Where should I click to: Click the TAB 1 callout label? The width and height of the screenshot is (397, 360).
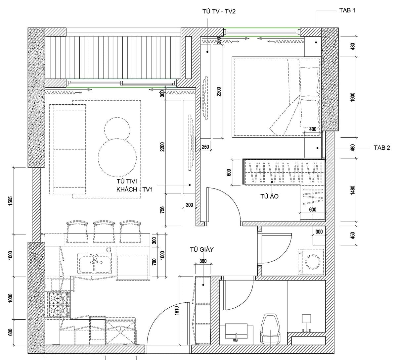point(347,10)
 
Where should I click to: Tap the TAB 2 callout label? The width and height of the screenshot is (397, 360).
point(382,148)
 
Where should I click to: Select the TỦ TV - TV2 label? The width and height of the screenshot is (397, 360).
point(219,11)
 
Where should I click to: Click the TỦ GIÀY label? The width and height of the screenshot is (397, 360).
point(202,249)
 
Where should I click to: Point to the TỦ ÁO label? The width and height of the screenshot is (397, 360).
point(269,196)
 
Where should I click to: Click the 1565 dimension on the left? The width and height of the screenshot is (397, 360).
point(10,201)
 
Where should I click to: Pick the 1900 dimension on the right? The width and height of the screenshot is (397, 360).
point(352,97)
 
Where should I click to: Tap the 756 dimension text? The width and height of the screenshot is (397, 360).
point(162,210)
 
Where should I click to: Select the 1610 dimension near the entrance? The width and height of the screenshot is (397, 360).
point(177,310)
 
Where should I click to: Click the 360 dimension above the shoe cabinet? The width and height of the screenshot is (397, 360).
point(203,261)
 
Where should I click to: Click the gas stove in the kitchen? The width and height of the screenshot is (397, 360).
point(58,304)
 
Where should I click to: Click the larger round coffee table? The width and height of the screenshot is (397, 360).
point(117,158)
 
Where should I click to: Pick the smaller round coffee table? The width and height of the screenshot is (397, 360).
point(117,130)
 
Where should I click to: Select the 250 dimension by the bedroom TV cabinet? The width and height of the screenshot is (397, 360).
point(205,147)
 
